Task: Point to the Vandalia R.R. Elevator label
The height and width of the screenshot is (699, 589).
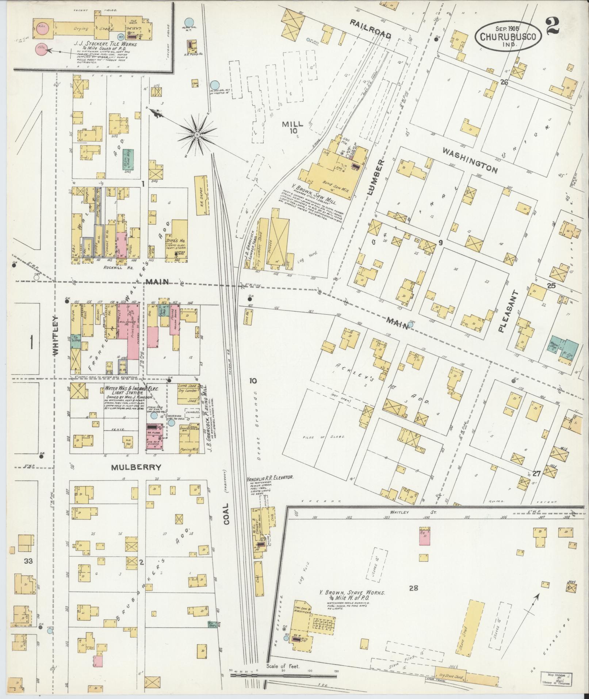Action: [270, 478]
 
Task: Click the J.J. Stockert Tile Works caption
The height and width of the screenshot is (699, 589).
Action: [106, 44]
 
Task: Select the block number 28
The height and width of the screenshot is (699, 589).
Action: [413, 588]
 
